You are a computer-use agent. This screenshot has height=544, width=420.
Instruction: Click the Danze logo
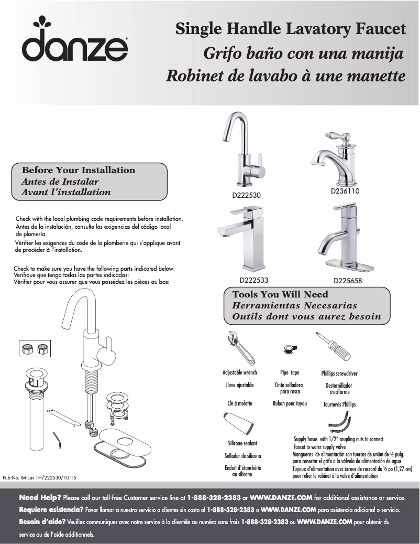[75, 41]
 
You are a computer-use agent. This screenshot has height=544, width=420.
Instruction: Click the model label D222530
[246, 195]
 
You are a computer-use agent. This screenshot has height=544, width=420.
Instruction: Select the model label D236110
[345, 191]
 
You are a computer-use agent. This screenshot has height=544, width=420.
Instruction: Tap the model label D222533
[254, 280]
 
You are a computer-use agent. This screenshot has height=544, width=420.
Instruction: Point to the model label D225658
[348, 281]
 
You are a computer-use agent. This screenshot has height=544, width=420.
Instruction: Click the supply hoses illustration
[339, 423]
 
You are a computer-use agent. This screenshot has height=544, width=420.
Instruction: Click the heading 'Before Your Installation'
[78, 170]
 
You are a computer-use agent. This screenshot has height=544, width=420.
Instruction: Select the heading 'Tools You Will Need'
[280, 294]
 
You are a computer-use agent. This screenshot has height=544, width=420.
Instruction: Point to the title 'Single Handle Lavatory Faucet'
[290, 29]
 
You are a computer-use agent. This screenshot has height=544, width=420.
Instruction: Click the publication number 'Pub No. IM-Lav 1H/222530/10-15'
[40, 477]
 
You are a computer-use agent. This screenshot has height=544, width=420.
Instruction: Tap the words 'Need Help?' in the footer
[40, 497]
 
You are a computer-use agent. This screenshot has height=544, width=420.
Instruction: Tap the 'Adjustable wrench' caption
[239, 372]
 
